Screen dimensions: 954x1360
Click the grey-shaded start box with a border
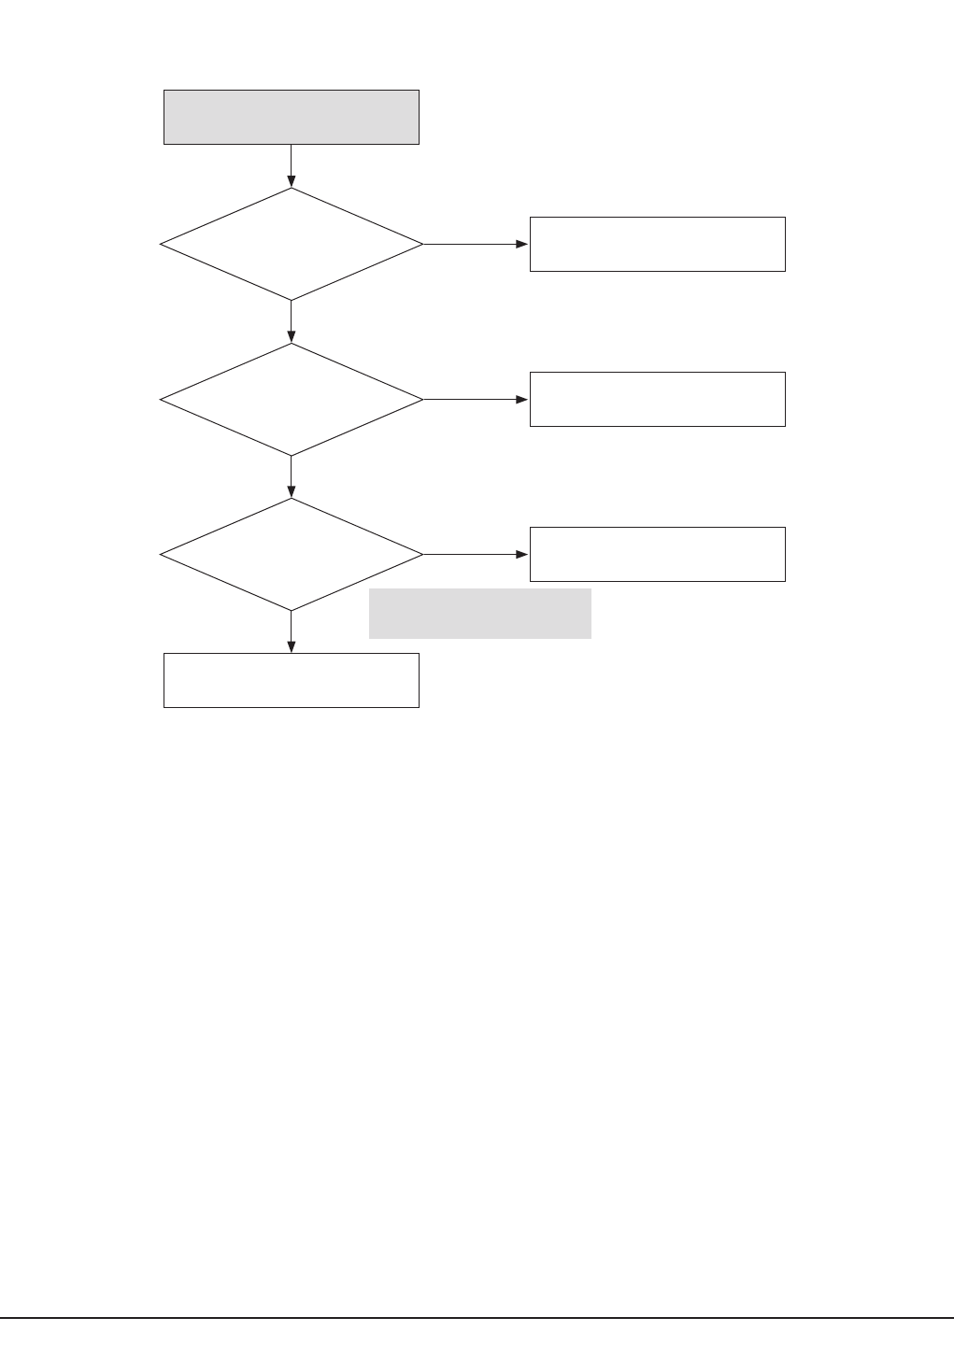[x=291, y=117]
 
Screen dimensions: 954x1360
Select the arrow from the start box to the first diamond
[x=292, y=165]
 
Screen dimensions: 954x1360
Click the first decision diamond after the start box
[x=292, y=244]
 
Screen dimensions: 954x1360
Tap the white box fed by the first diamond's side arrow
[x=657, y=244]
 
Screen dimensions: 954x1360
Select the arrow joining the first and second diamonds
[x=292, y=321]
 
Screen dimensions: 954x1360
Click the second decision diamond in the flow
[x=292, y=399]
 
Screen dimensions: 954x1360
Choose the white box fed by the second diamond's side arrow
[x=657, y=399]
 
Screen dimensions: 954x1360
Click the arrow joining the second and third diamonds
[x=292, y=476]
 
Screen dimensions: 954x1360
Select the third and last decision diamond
[x=292, y=554]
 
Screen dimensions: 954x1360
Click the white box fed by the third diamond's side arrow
[x=657, y=554]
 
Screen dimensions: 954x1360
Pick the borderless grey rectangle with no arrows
[x=479, y=613]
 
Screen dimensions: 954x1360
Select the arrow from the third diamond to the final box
[x=292, y=631]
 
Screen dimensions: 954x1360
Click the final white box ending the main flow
[x=291, y=680]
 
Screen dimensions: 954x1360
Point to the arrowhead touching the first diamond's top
[x=292, y=181]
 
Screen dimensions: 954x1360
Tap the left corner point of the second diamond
[x=162, y=400]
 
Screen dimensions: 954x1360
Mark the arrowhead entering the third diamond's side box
[x=523, y=554]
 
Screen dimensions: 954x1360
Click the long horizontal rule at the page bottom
[x=477, y=1319]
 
